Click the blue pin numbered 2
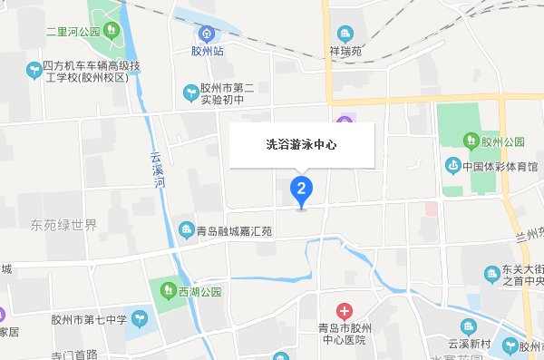point(301,190)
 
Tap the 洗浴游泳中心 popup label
point(301,144)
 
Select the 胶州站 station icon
point(208,34)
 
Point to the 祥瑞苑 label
point(345,52)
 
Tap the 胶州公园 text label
point(504,141)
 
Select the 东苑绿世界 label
point(63,225)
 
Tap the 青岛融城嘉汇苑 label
point(234,230)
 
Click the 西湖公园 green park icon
point(169,290)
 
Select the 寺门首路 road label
point(74,354)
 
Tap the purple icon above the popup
point(344,122)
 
